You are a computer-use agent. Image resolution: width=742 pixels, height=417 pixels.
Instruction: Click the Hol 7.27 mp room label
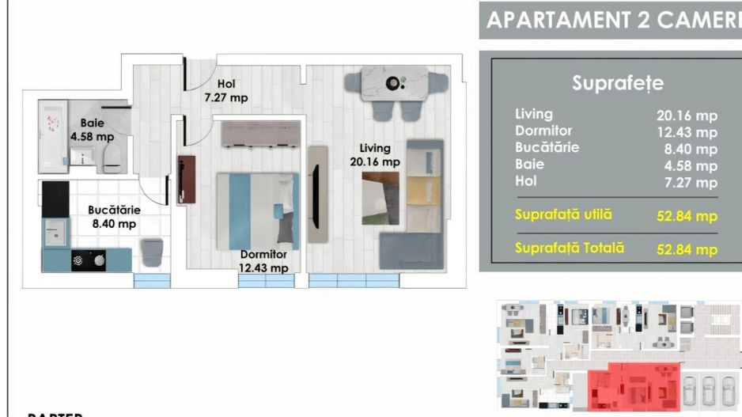coord(227,91)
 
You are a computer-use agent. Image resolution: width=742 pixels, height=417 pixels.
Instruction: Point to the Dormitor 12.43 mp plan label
coord(264,261)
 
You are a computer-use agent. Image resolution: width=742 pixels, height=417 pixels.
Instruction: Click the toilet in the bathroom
coord(111,157)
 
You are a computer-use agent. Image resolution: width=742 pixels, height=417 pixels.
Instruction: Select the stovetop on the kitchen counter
coord(89,260)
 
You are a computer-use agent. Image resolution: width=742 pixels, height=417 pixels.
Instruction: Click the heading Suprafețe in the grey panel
coord(617,83)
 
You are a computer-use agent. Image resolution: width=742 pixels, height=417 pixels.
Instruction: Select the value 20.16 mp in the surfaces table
coord(687,115)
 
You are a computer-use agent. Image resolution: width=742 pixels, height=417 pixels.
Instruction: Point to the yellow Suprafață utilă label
coord(563,214)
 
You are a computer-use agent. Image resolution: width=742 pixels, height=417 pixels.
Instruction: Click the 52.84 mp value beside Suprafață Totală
coord(687,249)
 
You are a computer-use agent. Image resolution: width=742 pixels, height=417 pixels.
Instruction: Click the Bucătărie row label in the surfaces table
coord(547,147)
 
